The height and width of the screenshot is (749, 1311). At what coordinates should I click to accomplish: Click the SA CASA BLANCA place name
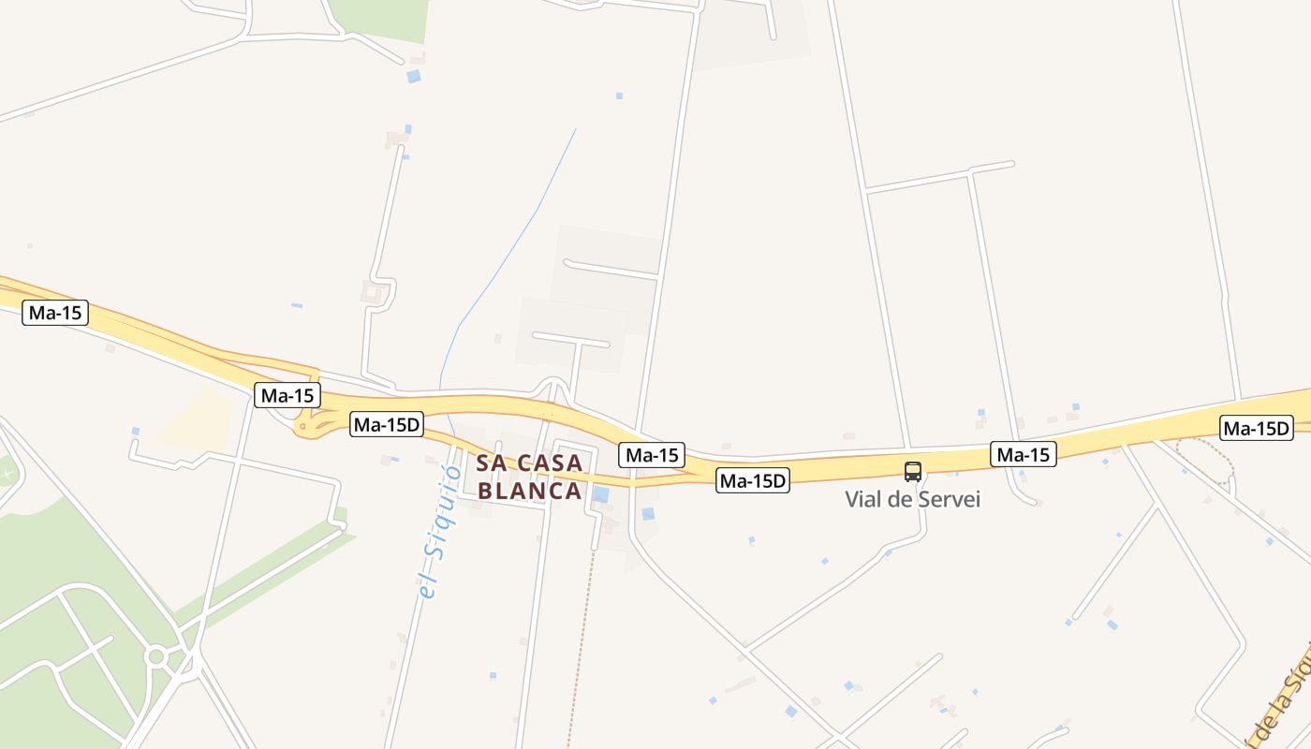pyautogui.click(x=530, y=477)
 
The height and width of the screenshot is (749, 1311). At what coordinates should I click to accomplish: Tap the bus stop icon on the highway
pyautogui.click(x=913, y=472)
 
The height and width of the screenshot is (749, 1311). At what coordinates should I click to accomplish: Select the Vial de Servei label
pyautogui.click(x=912, y=499)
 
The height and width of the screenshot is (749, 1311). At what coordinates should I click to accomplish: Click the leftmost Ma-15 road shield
pyautogui.click(x=55, y=313)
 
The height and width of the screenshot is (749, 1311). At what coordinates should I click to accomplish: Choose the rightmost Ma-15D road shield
pyautogui.click(x=1257, y=429)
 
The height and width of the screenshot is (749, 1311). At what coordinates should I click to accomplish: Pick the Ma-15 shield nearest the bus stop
pyautogui.click(x=1024, y=455)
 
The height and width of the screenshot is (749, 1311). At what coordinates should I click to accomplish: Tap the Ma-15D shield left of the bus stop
pyautogui.click(x=753, y=481)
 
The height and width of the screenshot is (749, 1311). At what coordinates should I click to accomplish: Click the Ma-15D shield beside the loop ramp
pyautogui.click(x=387, y=425)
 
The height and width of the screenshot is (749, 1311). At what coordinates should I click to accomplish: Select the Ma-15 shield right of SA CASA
pyautogui.click(x=652, y=455)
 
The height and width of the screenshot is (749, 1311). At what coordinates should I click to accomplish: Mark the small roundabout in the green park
pyautogui.click(x=156, y=657)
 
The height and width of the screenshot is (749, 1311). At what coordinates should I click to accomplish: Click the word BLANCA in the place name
pyautogui.click(x=530, y=491)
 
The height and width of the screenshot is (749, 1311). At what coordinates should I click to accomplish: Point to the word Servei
pyautogui.click(x=949, y=499)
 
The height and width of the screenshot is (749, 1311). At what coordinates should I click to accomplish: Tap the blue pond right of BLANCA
pyautogui.click(x=600, y=494)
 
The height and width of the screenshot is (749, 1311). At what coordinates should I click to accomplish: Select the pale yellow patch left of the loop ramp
pyautogui.click(x=197, y=421)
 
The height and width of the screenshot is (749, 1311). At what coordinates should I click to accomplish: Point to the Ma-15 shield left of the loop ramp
pyautogui.click(x=287, y=395)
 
